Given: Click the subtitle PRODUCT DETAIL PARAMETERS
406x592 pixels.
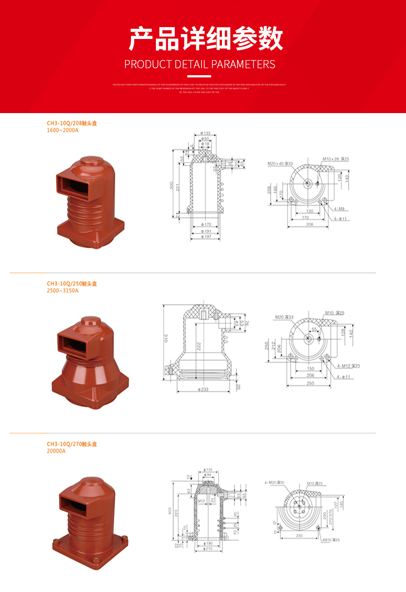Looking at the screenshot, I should (200, 64).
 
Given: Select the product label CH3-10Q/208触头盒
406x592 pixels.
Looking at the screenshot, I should (71, 123).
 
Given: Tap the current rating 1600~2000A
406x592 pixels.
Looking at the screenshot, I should (63, 130).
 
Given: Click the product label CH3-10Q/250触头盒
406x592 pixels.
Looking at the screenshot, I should (71, 284).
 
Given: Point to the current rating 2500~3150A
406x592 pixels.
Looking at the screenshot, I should (63, 291).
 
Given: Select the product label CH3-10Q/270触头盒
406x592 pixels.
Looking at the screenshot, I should (71, 444).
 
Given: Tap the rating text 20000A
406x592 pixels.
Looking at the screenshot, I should (56, 451).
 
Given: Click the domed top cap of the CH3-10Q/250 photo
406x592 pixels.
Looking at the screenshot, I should (89, 325).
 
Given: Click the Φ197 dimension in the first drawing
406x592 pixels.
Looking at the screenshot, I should (205, 237).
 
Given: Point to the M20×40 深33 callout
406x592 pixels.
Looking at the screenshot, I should (280, 163).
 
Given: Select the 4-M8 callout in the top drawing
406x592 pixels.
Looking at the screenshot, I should (339, 208).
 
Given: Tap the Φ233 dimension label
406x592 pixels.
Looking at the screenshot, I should (204, 389).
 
